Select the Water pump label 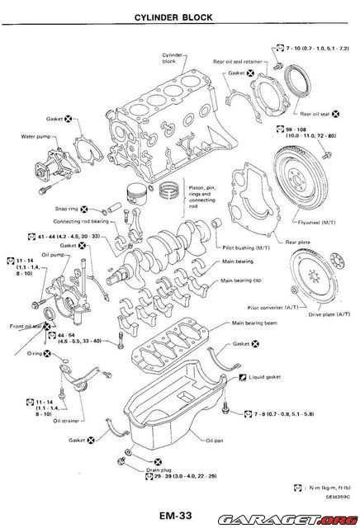tap(36, 135)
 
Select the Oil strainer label tap(70, 420)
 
